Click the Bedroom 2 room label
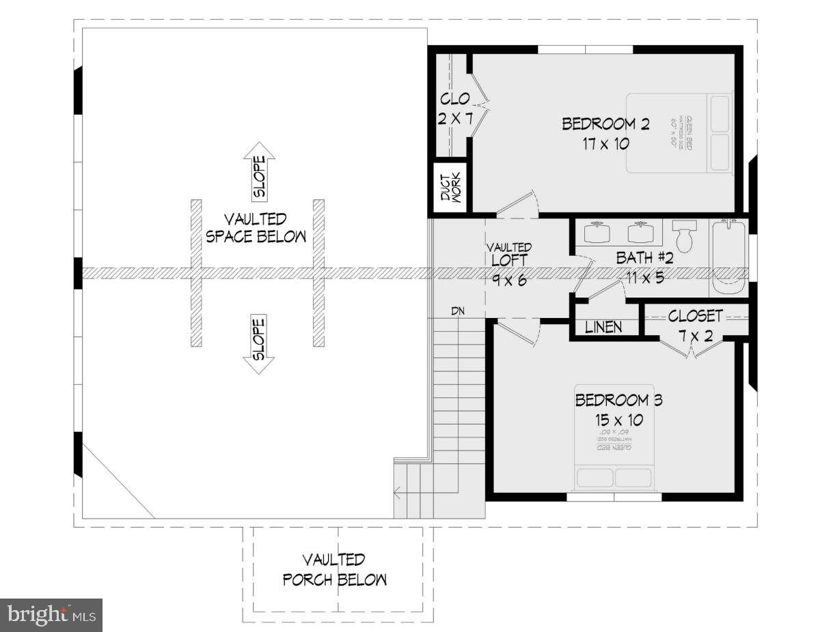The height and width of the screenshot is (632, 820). tap(605, 124)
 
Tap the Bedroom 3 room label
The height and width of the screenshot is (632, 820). tap(618, 400)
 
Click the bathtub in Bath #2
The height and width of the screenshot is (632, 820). tap(729, 257)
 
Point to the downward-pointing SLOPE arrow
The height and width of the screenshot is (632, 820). tap(260, 344)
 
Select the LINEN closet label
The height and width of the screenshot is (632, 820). tap(604, 328)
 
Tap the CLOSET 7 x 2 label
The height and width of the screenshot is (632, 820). tap(695, 325)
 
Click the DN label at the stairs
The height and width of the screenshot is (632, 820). tap(458, 311)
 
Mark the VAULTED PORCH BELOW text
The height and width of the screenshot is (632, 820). tap(335, 570)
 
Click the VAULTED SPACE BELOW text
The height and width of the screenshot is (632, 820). tap(256, 228)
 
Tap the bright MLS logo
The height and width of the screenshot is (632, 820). tap(51, 615)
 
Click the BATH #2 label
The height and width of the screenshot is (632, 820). tap(645, 258)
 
